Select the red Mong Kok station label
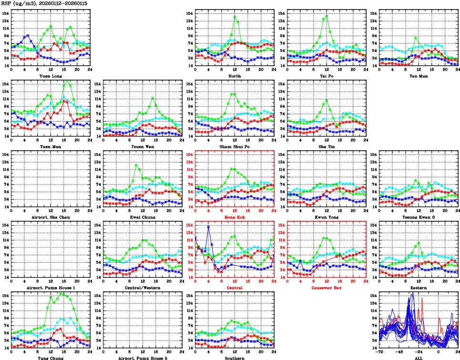[x=234, y=217]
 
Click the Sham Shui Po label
[x=234, y=146]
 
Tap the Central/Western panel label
[x=142, y=288]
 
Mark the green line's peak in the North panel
[x=235, y=17]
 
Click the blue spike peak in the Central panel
[x=208, y=226]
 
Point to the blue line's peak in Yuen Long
[x=28, y=35]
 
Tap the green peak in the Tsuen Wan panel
[x=153, y=98]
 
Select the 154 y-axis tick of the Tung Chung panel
[x=5, y=296]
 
